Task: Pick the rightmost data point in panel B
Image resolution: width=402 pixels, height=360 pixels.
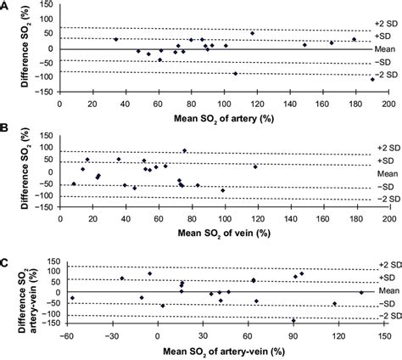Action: [x=255, y=166]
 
